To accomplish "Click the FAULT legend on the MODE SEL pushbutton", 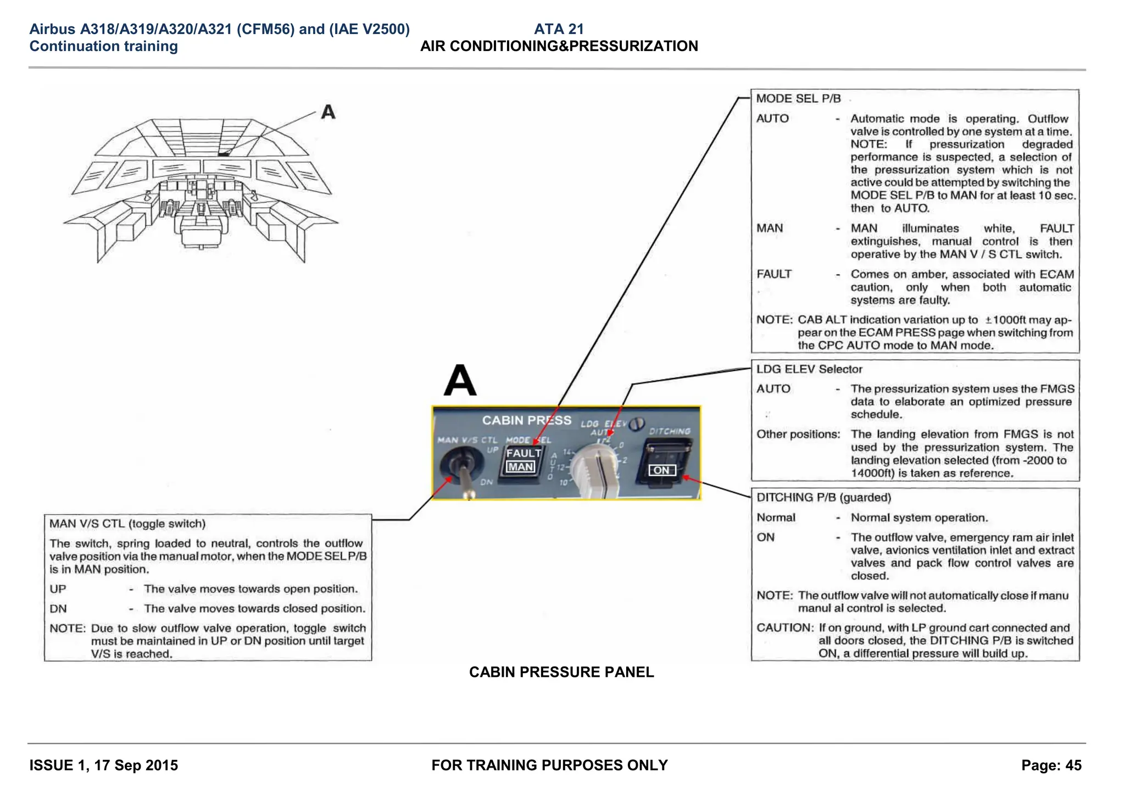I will click(x=523, y=453).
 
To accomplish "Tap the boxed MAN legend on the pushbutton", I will click(x=520, y=467).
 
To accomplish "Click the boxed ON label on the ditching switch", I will click(x=661, y=470).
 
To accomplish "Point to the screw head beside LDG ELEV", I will click(x=636, y=424).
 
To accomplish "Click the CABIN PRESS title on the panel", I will click(x=526, y=420).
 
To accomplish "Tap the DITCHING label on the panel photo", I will click(x=670, y=431).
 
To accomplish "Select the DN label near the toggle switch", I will click(x=486, y=482).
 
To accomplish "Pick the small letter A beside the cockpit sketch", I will click(x=328, y=112).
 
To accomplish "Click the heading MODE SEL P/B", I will click(x=798, y=99).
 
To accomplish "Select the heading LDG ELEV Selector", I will click(x=809, y=369).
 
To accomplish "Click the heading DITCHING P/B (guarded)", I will click(x=823, y=498).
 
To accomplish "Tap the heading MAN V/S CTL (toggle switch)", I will click(x=127, y=524).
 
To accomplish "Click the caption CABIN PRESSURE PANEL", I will click(x=561, y=672).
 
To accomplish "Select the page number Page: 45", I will click(x=1051, y=765).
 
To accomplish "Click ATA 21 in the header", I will click(x=559, y=29).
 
